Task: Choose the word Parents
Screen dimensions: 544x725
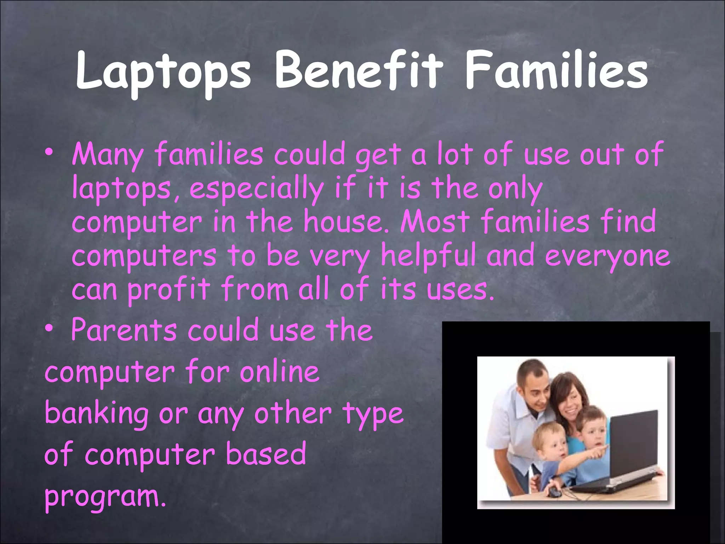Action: [x=124, y=330]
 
